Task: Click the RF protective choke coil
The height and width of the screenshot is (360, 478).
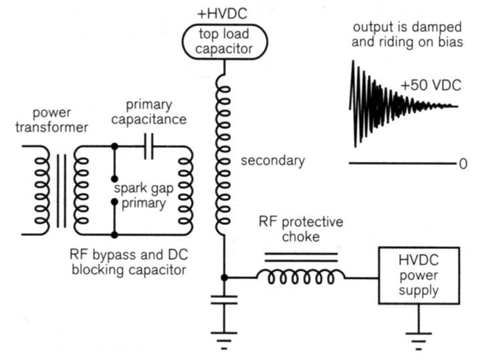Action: (302, 276)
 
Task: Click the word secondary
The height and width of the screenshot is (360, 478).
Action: (273, 161)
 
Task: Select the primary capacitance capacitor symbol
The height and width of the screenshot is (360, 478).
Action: (148, 145)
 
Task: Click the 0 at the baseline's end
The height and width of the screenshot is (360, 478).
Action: (463, 164)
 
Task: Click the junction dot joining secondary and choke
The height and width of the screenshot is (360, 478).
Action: (225, 276)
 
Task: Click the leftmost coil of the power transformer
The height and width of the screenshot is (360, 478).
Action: (42, 190)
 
